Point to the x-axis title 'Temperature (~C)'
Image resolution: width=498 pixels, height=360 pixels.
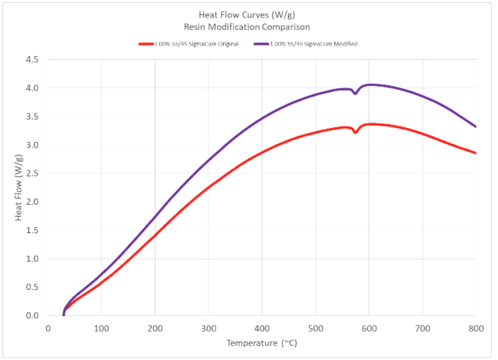262,343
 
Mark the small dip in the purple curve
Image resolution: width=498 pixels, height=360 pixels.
355,93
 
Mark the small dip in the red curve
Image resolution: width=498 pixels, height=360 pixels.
355,133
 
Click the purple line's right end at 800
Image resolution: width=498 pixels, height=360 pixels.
476,127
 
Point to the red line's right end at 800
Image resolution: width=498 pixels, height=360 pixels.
476,153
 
